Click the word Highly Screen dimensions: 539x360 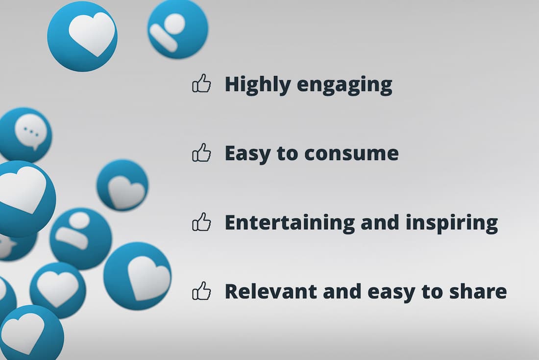[257, 85]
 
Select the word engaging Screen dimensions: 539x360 [344, 86]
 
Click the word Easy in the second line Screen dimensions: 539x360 [247, 153]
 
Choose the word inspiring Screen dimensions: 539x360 [452, 223]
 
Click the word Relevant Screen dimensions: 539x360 [271, 291]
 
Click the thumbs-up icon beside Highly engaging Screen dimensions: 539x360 [201, 83]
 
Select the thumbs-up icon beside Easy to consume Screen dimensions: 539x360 [201, 152]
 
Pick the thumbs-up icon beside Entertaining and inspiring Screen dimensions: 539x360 [201, 221]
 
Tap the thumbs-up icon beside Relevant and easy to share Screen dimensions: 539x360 [201, 290]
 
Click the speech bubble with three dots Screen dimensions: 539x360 [31, 132]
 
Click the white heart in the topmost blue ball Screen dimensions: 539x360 [92, 34]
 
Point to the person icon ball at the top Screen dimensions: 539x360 [178, 29]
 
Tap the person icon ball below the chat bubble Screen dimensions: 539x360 [80, 239]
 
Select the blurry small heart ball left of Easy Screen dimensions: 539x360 [122, 185]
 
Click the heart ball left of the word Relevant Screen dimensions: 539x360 [138, 276]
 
